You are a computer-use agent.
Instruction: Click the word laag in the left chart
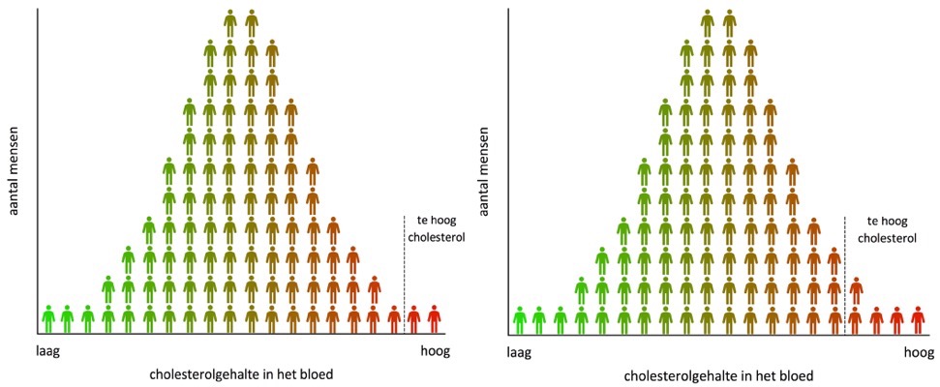[48, 353]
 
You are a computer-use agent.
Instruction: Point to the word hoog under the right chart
[918, 355]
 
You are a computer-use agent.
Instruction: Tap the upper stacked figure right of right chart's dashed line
[856, 289]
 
